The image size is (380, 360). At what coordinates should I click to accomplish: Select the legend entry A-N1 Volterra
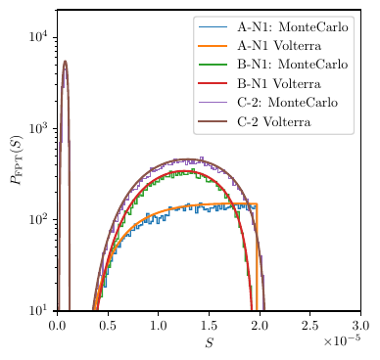(x=284, y=46)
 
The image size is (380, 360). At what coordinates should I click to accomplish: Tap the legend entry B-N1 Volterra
(x=284, y=83)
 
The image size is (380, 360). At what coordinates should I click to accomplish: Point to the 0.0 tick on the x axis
(x=58, y=323)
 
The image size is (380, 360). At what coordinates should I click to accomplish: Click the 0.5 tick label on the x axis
(x=108, y=323)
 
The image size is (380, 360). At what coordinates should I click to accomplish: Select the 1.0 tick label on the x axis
(x=159, y=323)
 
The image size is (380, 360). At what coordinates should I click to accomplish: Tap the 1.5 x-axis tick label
(x=210, y=323)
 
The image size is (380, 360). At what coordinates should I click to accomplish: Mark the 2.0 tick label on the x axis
(x=260, y=323)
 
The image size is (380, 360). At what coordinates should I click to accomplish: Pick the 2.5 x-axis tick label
(x=310, y=323)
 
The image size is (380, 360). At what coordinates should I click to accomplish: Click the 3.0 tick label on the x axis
(x=360, y=323)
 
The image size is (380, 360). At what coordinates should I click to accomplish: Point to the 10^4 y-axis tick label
(x=40, y=37)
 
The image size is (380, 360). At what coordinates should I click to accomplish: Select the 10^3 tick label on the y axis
(x=40, y=128)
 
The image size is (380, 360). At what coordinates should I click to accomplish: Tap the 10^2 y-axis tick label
(x=40, y=219)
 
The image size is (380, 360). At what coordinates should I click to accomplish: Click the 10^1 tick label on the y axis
(x=40, y=310)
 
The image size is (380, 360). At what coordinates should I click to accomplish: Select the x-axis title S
(x=209, y=342)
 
